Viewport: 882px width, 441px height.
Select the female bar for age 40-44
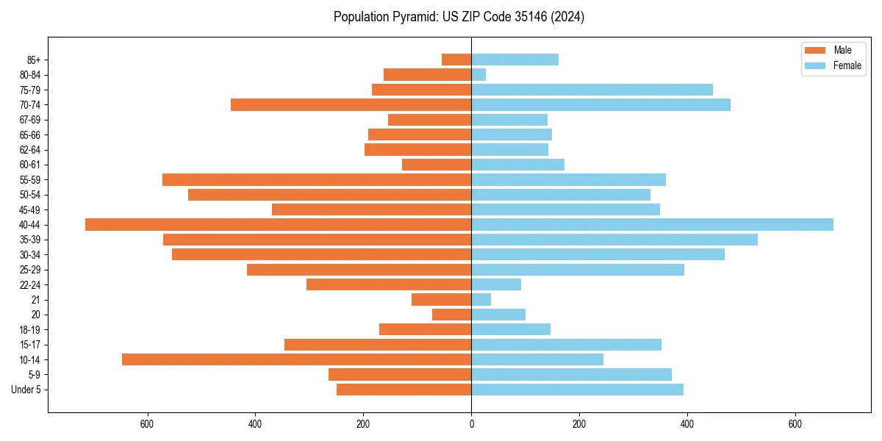pyautogui.click(x=652, y=225)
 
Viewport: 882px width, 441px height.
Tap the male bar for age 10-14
pyautogui.click(x=296, y=359)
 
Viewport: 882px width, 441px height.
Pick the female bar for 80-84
pyautogui.click(x=478, y=75)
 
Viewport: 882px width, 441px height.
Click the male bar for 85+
pyautogui.click(x=456, y=60)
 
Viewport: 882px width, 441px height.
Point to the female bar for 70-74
pyautogui.click(x=600, y=105)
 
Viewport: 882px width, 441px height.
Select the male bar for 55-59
pyautogui.click(x=317, y=180)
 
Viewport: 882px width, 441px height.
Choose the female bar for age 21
pyautogui.click(x=481, y=300)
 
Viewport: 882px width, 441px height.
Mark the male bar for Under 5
pyautogui.click(x=404, y=390)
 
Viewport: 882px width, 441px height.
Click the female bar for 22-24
pyautogui.click(x=496, y=284)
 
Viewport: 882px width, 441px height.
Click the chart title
pyautogui.click(x=459, y=17)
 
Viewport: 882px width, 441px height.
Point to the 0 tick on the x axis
pyautogui.click(x=471, y=424)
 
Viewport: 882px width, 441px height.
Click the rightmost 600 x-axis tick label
pyautogui.click(x=795, y=424)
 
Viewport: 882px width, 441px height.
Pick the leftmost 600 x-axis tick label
pyautogui.click(x=147, y=424)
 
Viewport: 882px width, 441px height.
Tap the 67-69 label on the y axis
pyautogui.click(x=30, y=120)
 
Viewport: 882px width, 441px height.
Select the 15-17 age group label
pyautogui.click(x=30, y=345)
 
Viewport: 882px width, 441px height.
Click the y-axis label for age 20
pyautogui.click(x=35, y=315)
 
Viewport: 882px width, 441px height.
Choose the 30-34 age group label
pyautogui.click(x=30, y=255)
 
